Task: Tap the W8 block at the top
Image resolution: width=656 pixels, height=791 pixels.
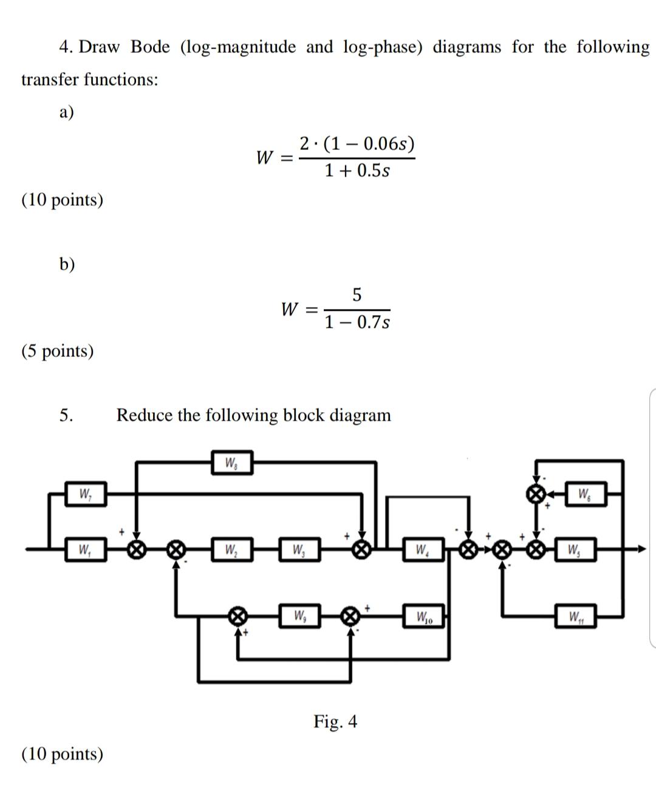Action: point(231,464)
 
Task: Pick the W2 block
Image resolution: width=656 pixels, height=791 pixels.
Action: point(231,551)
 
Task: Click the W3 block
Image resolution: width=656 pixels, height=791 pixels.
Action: point(299,551)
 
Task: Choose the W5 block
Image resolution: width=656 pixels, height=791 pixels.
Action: point(575,551)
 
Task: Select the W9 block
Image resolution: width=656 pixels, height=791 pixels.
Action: point(299,616)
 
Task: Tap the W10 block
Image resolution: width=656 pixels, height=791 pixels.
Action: point(424,618)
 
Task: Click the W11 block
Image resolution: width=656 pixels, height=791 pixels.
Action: point(575,618)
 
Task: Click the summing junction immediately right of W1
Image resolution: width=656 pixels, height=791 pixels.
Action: point(137,550)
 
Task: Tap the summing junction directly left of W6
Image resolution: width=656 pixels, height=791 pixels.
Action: point(535,493)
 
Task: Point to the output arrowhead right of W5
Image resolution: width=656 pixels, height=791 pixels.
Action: point(641,550)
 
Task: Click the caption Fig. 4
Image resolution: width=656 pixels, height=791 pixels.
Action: point(335,721)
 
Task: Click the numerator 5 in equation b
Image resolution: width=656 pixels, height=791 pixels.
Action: point(357,295)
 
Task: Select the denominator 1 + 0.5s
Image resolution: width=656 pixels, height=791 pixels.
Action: point(357,171)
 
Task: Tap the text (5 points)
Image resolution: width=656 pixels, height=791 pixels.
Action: point(58,351)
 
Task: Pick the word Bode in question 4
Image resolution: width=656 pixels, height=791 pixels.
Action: point(150,47)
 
